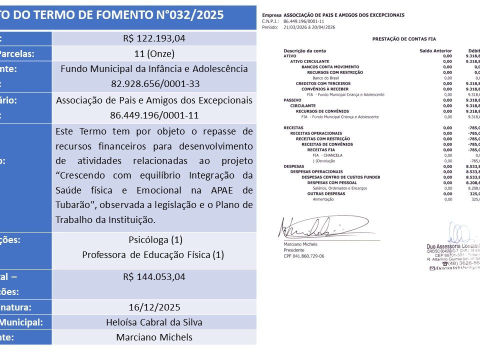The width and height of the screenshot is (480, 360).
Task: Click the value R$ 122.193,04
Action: click(x=154, y=38)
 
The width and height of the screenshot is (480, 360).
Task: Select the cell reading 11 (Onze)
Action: click(x=154, y=53)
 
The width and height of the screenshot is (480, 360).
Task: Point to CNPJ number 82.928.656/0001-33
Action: click(x=154, y=83)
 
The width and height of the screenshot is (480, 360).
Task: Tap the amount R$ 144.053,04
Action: click(x=154, y=276)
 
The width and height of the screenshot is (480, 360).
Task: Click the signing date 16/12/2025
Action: click(x=154, y=307)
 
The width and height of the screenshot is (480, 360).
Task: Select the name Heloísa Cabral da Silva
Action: click(x=154, y=322)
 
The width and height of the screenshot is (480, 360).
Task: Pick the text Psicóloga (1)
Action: click(x=154, y=239)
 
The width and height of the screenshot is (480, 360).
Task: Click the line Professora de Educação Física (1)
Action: click(x=153, y=254)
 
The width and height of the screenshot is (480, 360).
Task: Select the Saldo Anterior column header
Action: click(x=435, y=50)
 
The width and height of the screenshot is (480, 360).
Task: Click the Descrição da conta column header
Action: click(x=304, y=50)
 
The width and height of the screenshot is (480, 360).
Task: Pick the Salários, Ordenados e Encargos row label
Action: click(x=339, y=188)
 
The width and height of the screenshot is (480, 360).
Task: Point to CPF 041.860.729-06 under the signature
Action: click(x=303, y=256)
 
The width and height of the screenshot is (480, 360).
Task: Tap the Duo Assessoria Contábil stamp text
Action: click(x=453, y=246)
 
